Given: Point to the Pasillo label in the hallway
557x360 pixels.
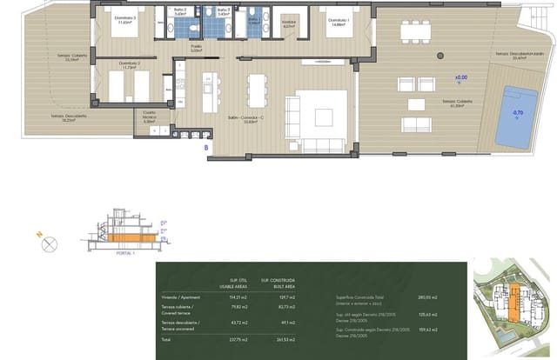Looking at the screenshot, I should point(196,49).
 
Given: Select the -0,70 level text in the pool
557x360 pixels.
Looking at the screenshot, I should point(518,113).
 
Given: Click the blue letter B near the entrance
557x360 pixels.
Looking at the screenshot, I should point(206,148).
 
